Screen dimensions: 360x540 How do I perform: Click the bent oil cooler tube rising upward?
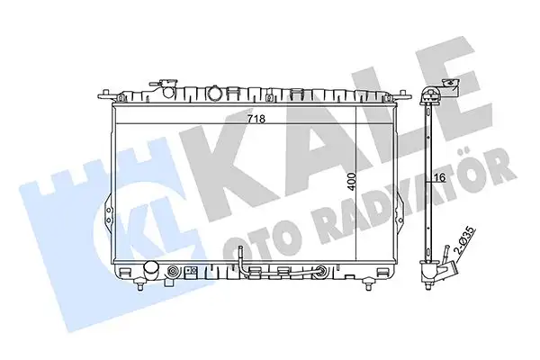tap(241, 260)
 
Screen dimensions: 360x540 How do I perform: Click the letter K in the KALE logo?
tap(225, 144)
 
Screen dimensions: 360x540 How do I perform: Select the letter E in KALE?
tap(454, 99)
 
